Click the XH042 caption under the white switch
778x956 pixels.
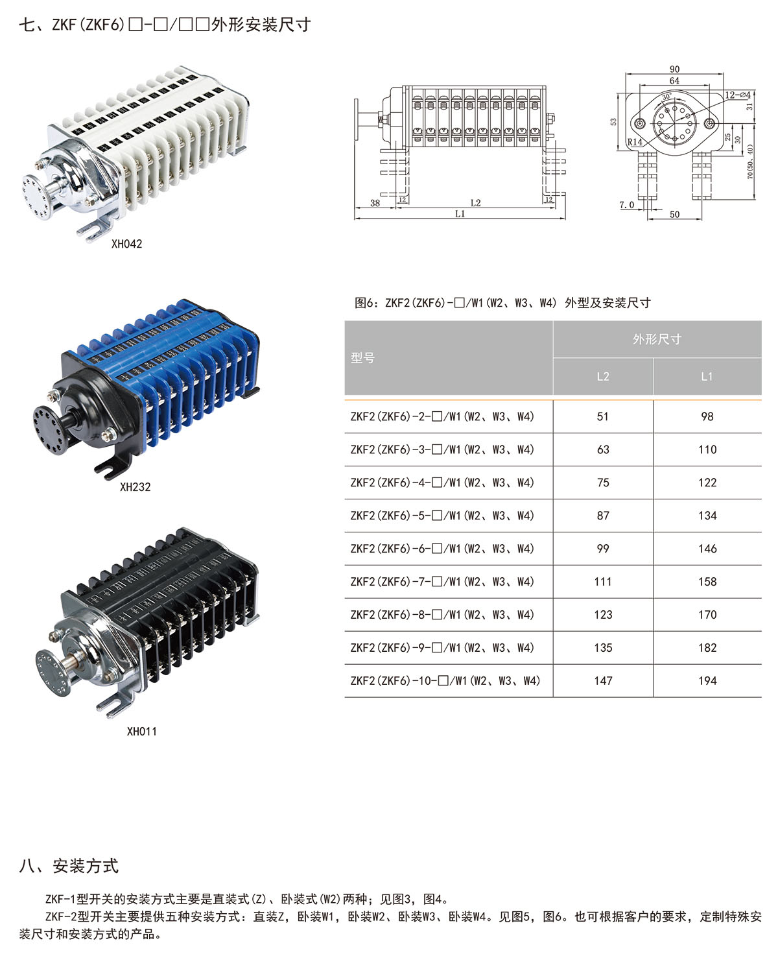126,244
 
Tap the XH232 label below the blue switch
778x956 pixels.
135,487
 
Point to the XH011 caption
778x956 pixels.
142,732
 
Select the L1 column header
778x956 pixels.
707,377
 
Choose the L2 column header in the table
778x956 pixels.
603,377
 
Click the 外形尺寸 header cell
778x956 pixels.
657,339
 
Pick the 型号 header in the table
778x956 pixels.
362,358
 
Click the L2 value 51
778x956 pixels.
602,416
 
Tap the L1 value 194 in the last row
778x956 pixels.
707,681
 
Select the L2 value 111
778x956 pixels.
602,582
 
